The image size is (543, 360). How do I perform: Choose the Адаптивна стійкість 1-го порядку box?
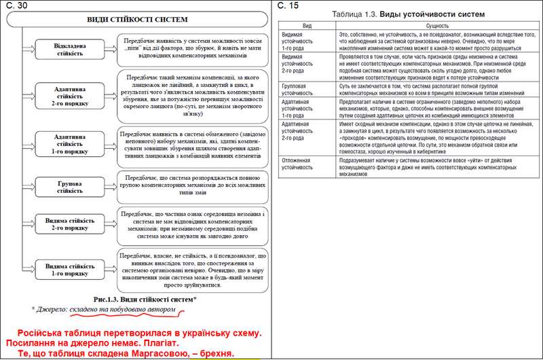[71, 143]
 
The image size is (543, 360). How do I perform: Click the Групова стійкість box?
[71, 187]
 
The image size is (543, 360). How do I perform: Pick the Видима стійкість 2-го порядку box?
[71, 224]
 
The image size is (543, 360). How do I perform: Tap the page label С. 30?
[14, 5]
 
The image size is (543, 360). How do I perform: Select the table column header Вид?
[307, 24]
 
